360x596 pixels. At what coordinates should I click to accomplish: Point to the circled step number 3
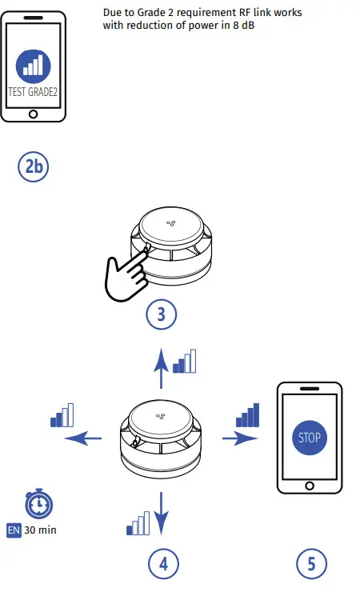(162, 314)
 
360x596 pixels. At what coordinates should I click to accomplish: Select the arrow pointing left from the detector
(83, 438)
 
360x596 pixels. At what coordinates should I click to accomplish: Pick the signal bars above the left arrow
(62, 414)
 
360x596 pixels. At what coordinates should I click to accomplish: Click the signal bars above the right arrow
(248, 414)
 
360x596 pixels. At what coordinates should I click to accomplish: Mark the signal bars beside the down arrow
(138, 524)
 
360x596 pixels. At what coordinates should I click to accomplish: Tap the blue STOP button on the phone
(308, 438)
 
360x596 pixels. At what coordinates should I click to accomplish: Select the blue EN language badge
(14, 530)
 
